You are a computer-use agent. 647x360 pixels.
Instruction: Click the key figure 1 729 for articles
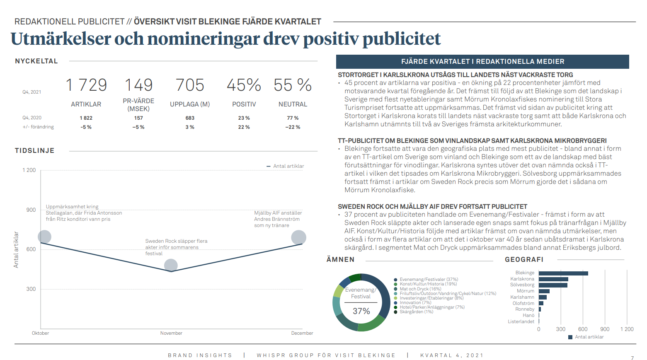click(86, 85)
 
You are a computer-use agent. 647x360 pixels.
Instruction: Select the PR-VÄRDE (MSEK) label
click(138, 105)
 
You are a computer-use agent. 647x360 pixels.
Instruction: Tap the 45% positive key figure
click(244, 85)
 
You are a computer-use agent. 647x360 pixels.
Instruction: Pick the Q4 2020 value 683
click(190, 118)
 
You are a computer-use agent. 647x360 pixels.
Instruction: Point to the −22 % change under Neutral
click(293, 127)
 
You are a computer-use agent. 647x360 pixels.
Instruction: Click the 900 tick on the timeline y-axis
click(31, 210)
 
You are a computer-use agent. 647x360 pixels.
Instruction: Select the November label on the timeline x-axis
click(171, 333)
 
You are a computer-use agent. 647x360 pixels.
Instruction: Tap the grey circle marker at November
click(171, 266)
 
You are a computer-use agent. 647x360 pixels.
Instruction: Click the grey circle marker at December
click(298, 237)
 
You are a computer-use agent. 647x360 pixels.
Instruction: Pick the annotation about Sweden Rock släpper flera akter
click(176, 247)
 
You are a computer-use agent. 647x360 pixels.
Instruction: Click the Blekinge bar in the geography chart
click(563, 273)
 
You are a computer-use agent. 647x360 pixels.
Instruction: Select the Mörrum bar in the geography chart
click(544, 291)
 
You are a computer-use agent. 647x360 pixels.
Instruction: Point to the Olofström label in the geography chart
click(523, 303)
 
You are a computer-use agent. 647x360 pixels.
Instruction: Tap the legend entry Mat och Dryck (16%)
click(420, 289)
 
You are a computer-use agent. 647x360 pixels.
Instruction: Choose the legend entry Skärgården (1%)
click(416, 312)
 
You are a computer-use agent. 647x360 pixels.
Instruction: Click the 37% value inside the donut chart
click(361, 311)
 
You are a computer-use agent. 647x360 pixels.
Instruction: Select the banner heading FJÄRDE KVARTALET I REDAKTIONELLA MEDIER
click(482, 62)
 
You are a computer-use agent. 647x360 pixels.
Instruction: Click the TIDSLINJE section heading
click(35, 151)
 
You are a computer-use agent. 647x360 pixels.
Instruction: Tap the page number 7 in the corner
click(632, 358)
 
